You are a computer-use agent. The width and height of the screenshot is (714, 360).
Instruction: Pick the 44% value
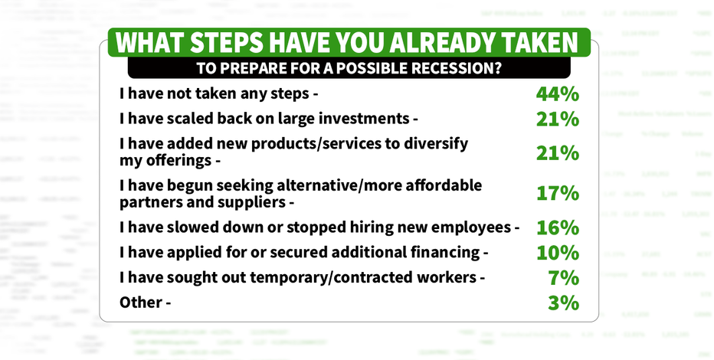coord(558,94)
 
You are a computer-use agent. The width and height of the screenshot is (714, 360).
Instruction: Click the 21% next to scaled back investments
coord(558,119)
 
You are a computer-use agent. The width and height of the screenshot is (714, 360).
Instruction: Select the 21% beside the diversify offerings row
coord(558,153)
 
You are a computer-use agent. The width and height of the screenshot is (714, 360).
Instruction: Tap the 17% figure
coord(558,194)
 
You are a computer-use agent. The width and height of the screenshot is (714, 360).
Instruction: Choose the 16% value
coord(558,227)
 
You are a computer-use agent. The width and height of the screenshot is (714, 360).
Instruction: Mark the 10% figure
coord(558,253)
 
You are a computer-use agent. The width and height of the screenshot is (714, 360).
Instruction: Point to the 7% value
coord(564,277)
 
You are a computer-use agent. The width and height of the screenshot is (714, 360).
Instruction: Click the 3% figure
coord(564,303)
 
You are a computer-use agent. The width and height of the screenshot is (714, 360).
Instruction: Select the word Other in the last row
coord(140,303)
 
